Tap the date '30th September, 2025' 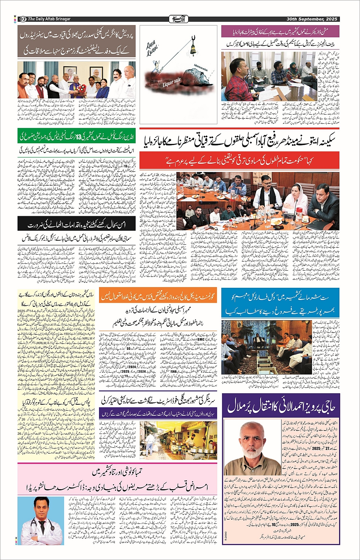312,19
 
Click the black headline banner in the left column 77,225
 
